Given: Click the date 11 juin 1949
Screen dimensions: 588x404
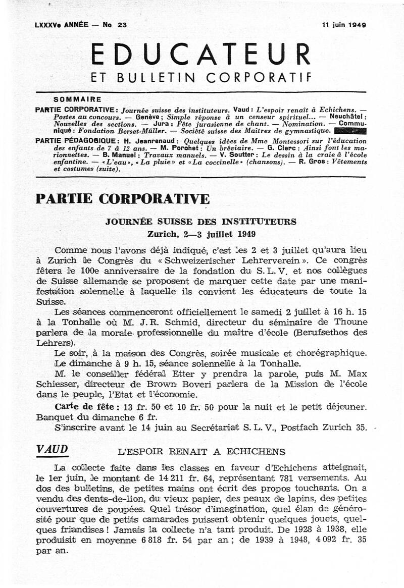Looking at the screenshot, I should tap(344, 24).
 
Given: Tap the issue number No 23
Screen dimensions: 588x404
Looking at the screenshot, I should tap(115, 24).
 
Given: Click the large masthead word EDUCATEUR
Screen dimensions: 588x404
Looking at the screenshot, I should tap(201, 54).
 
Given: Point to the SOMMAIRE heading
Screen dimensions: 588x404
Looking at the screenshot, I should tap(77, 99).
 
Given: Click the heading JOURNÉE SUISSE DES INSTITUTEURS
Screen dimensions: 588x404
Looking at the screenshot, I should tap(200, 222).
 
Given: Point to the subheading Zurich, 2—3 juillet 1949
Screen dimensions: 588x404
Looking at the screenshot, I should tap(201, 234).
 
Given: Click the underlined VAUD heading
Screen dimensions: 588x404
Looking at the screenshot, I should tap(52, 450).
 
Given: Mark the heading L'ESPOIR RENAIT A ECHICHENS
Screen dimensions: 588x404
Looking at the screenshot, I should tap(201, 452).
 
